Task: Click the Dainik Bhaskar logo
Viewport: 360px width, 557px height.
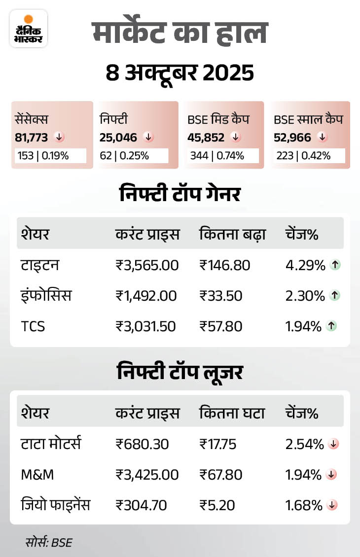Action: coord(29,29)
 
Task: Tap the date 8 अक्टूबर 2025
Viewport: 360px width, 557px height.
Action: coord(180,73)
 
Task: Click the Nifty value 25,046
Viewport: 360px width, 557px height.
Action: coord(118,137)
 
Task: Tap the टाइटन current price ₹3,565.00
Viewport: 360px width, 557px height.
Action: coord(147,265)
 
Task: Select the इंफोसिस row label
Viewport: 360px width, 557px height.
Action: coord(46,296)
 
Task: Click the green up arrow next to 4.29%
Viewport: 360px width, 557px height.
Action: coord(335,265)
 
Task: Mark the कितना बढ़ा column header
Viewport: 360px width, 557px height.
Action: coord(233,235)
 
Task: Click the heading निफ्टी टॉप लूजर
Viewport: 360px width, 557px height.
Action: coord(180,373)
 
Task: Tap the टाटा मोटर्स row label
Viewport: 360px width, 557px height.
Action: coord(51,444)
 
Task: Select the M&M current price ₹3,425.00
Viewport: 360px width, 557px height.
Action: coord(147,475)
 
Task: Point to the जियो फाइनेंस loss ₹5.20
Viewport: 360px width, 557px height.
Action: coord(217,505)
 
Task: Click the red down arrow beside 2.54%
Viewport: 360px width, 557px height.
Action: coord(333,444)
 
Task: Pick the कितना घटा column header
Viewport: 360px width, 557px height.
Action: coord(232,413)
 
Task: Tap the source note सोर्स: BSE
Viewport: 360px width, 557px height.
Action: coord(49,543)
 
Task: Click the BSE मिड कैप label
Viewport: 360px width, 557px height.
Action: coord(218,119)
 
